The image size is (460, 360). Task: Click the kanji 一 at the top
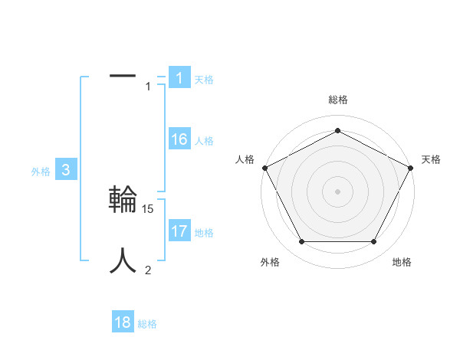[x=123, y=76]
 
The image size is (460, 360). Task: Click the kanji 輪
[x=123, y=199]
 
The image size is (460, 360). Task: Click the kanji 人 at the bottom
[x=123, y=260]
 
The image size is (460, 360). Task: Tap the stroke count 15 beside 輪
[x=149, y=208]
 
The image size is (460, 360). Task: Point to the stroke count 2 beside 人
[x=148, y=270]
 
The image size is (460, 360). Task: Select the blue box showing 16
[x=179, y=139]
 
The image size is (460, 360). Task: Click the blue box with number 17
[x=179, y=231]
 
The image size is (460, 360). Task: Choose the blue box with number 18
[x=123, y=322]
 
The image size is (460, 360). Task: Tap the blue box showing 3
[x=66, y=170]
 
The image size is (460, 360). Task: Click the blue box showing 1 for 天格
[x=179, y=78]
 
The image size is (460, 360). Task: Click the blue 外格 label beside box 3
[x=41, y=172]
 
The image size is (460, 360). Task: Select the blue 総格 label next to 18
[x=147, y=324]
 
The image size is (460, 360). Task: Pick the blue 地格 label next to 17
[x=204, y=233]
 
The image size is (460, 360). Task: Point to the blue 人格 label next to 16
[x=204, y=141]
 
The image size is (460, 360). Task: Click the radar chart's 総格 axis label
[x=338, y=100]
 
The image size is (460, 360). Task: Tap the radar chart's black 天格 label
[x=431, y=159]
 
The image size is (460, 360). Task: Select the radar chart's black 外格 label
[x=270, y=262]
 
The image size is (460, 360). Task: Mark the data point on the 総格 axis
[x=338, y=130]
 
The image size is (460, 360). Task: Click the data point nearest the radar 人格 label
[x=264, y=167]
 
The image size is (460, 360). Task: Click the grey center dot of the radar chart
[x=338, y=191]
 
